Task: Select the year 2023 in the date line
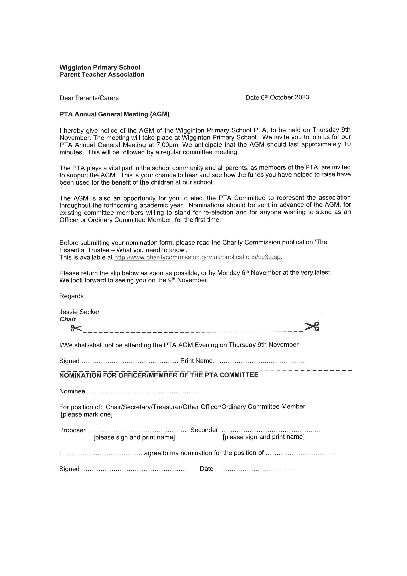pos(302,97)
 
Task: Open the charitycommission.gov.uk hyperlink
pos(197,257)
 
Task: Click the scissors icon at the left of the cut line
pos(76,328)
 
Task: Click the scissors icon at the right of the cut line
pos(311,326)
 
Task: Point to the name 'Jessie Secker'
pos(79,312)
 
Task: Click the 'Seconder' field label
pos(204,430)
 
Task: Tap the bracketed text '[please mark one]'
pos(87,414)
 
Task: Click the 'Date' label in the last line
pos(206,469)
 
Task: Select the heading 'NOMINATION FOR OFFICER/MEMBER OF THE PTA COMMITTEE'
pos(159,375)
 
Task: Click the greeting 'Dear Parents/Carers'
pos(89,98)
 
